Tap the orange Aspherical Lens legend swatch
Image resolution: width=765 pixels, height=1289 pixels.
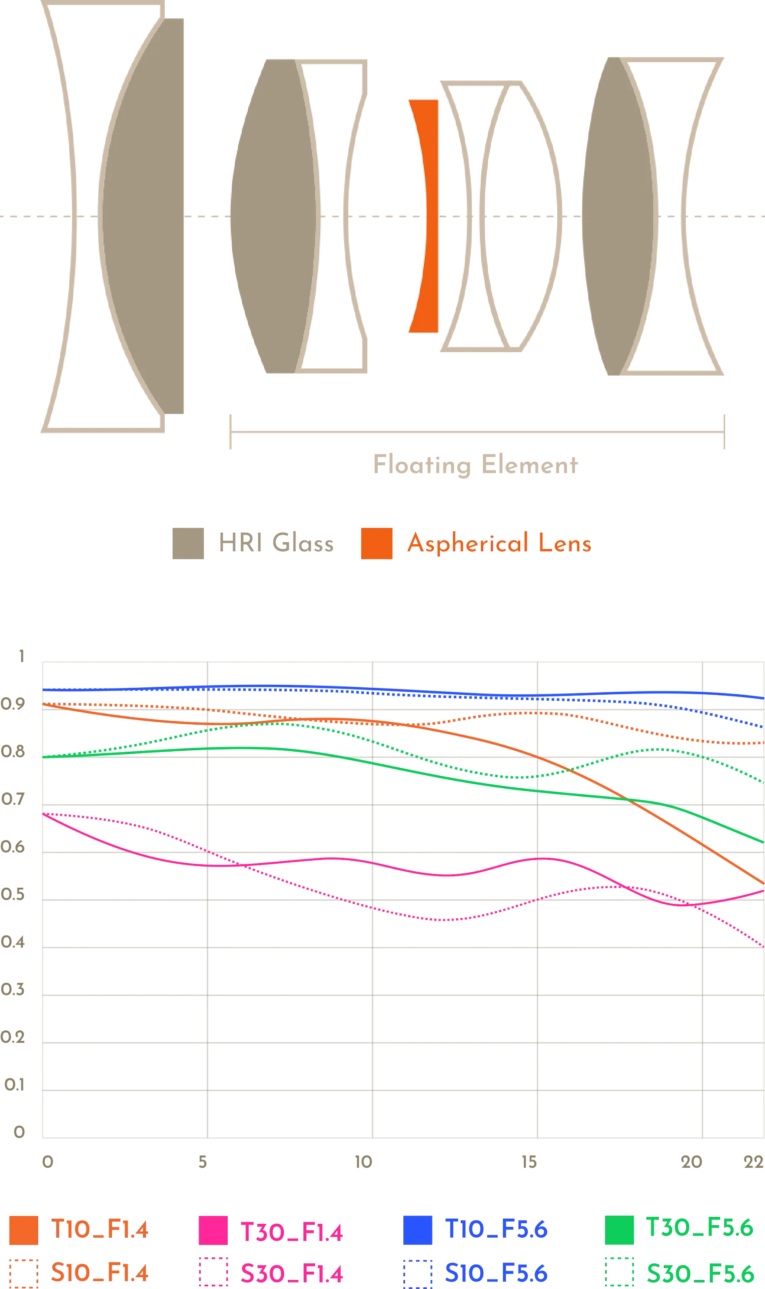tap(375, 543)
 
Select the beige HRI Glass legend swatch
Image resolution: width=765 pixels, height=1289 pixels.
tap(187, 543)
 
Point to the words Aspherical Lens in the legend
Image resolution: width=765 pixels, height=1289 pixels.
tap(499, 543)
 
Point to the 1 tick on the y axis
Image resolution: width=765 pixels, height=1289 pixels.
tap(20, 656)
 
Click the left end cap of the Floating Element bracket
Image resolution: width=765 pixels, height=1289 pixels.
tap(229, 432)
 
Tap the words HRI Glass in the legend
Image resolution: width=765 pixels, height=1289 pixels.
tap(276, 543)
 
